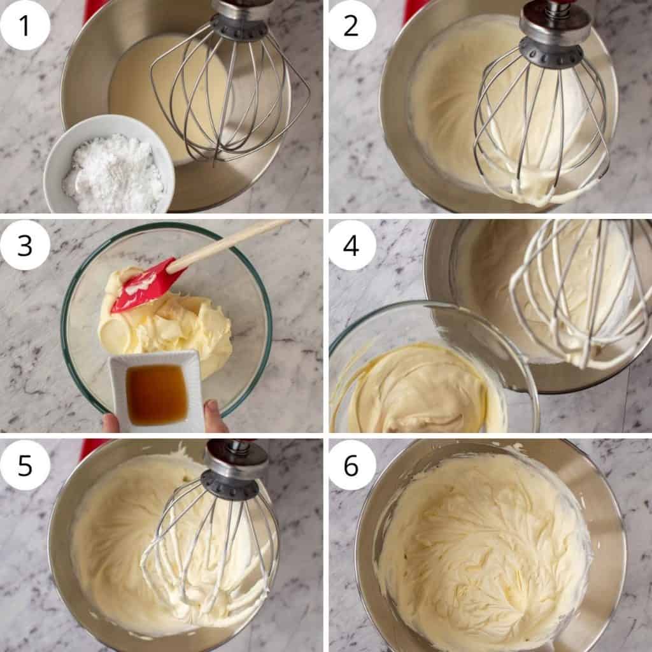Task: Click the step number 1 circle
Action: click(25, 25)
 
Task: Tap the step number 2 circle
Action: click(351, 25)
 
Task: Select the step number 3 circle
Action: click(25, 245)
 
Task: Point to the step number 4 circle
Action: click(351, 245)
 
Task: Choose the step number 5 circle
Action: click(25, 465)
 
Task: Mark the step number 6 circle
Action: click(351, 465)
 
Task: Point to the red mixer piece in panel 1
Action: click(96, 8)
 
